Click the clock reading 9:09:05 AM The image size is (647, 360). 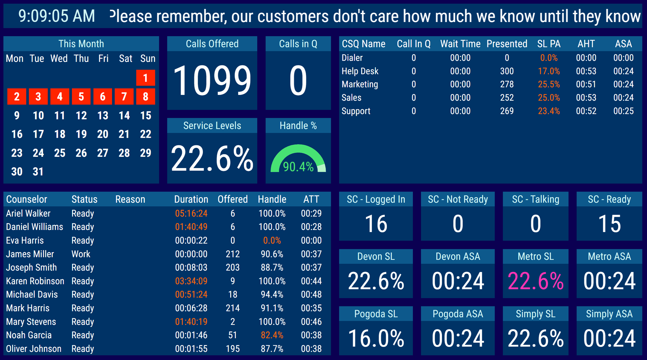pyautogui.click(x=57, y=16)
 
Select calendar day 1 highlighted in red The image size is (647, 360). pyautogui.click(x=146, y=78)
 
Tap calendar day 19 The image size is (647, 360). pyautogui.click(x=81, y=134)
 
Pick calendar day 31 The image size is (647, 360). pyautogui.click(x=38, y=172)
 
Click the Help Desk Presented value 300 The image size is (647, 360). pyautogui.click(x=507, y=71)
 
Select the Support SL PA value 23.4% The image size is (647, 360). pyautogui.click(x=549, y=111)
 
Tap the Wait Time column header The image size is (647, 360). pyautogui.click(x=460, y=44)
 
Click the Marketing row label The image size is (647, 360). pyautogui.click(x=360, y=84)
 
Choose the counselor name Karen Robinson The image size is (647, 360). pyautogui.click(x=35, y=281)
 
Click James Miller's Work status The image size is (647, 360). pyautogui.click(x=81, y=254)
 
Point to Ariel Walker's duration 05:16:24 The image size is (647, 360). pyautogui.click(x=191, y=213)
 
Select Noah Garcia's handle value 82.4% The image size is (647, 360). pyautogui.click(x=272, y=335)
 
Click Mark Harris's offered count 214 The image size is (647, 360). pyautogui.click(x=233, y=308)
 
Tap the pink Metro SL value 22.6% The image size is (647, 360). pyautogui.click(x=535, y=281)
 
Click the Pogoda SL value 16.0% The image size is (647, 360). pyautogui.click(x=376, y=339)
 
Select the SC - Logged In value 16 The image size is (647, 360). pyautogui.click(x=376, y=224)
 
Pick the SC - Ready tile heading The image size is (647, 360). pyautogui.click(x=609, y=200)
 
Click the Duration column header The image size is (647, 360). pyautogui.click(x=191, y=200)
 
